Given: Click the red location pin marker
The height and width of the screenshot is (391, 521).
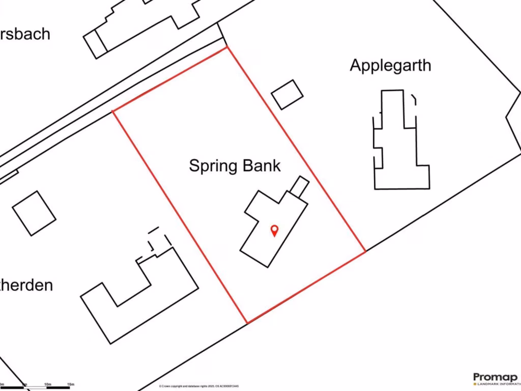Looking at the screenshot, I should coord(274,230).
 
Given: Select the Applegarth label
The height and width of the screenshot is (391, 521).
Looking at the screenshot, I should coord(390,65).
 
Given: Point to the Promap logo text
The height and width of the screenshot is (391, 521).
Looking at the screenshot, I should coord(495,377).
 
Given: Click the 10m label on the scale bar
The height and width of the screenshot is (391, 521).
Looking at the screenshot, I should coord(48,384).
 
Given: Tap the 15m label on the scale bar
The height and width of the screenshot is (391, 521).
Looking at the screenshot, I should coord(71,384).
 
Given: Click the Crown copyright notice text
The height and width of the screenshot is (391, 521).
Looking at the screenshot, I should coord(198,386).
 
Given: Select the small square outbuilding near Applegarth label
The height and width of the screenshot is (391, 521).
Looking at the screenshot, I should coord(287,94).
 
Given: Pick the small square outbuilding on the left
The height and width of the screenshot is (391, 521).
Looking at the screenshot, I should coord(34,213).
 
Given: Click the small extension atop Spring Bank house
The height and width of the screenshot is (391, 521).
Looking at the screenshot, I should coord(300,186).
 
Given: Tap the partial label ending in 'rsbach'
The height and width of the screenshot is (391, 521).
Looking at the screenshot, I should coord(25,34).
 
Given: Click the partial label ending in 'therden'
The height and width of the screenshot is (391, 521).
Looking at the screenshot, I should coord(26,285).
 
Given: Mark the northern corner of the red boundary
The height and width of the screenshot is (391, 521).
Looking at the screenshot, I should coord(227,47).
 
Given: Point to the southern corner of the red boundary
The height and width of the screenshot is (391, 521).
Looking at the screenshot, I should coord(247,323).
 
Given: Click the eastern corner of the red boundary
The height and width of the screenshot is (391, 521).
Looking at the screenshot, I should coord(365,251).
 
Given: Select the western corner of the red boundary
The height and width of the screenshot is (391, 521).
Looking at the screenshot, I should coord(113,110).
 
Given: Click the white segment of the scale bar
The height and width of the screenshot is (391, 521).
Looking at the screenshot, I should coord(36,388).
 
